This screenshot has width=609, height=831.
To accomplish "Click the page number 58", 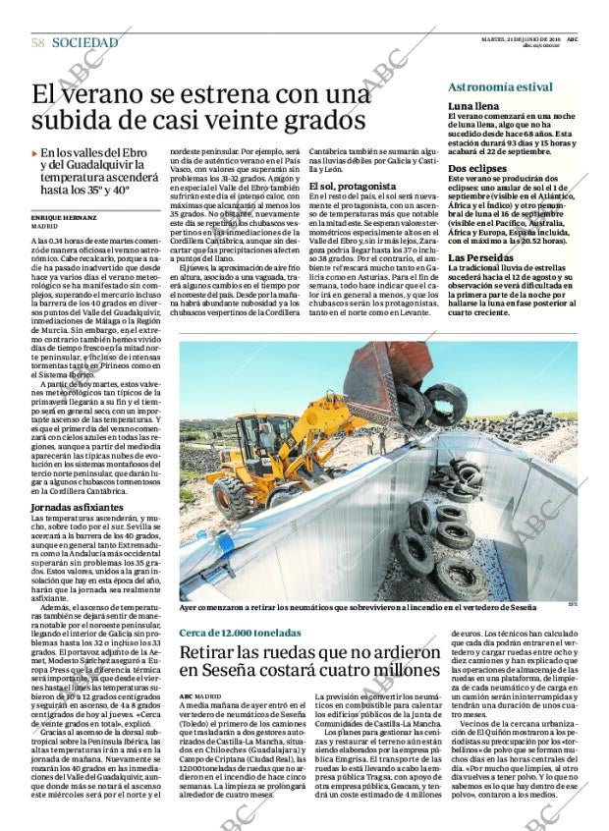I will click(37, 43).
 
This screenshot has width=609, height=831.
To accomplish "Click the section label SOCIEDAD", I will click(85, 43).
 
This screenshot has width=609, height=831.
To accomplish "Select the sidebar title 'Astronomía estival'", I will click(500, 87).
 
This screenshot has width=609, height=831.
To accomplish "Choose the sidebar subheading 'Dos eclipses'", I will click(478, 169).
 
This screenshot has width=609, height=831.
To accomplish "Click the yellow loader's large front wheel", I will click(236, 499).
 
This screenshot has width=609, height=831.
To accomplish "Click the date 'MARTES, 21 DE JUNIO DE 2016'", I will click(529, 40).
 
